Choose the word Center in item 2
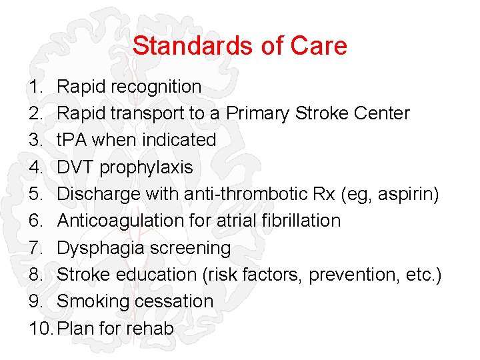point(381,113)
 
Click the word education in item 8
point(155,274)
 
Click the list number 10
point(41,328)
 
